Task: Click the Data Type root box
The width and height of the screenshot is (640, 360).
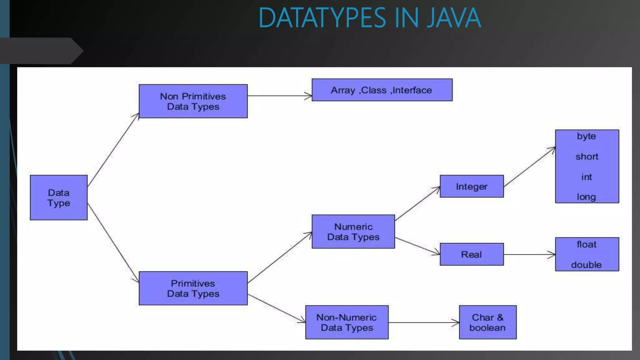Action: click(59, 197)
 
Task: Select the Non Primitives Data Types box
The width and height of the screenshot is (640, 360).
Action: click(193, 101)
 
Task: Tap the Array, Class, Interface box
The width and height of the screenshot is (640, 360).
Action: click(382, 90)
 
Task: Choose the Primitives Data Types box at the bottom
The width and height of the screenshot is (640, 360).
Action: click(193, 288)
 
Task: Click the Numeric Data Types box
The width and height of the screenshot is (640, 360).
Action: click(353, 232)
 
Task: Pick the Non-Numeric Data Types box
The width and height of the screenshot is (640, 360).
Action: click(347, 322)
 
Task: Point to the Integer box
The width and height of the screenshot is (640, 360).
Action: click(472, 186)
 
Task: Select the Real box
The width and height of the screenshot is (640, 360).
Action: click(472, 254)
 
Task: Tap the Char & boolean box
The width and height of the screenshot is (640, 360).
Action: click(487, 322)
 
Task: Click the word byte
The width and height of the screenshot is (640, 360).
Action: click(586, 136)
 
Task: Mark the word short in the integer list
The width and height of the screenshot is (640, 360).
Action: click(587, 156)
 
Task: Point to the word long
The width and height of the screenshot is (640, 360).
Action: click(586, 197)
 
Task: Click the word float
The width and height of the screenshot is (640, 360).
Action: click(587, 244)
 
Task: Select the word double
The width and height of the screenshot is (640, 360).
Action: click(586, 265)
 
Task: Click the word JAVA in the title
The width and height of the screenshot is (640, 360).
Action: click(454, 18)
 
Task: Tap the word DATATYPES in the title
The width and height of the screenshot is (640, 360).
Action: click(322, 18)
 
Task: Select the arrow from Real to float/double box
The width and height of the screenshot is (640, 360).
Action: click(529, 254)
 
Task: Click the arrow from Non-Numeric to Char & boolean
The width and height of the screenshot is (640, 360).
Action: click(424, 322)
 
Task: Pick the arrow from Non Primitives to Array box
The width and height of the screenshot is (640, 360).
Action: click(280, 96)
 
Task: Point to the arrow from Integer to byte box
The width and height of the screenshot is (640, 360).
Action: click(529, 167)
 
